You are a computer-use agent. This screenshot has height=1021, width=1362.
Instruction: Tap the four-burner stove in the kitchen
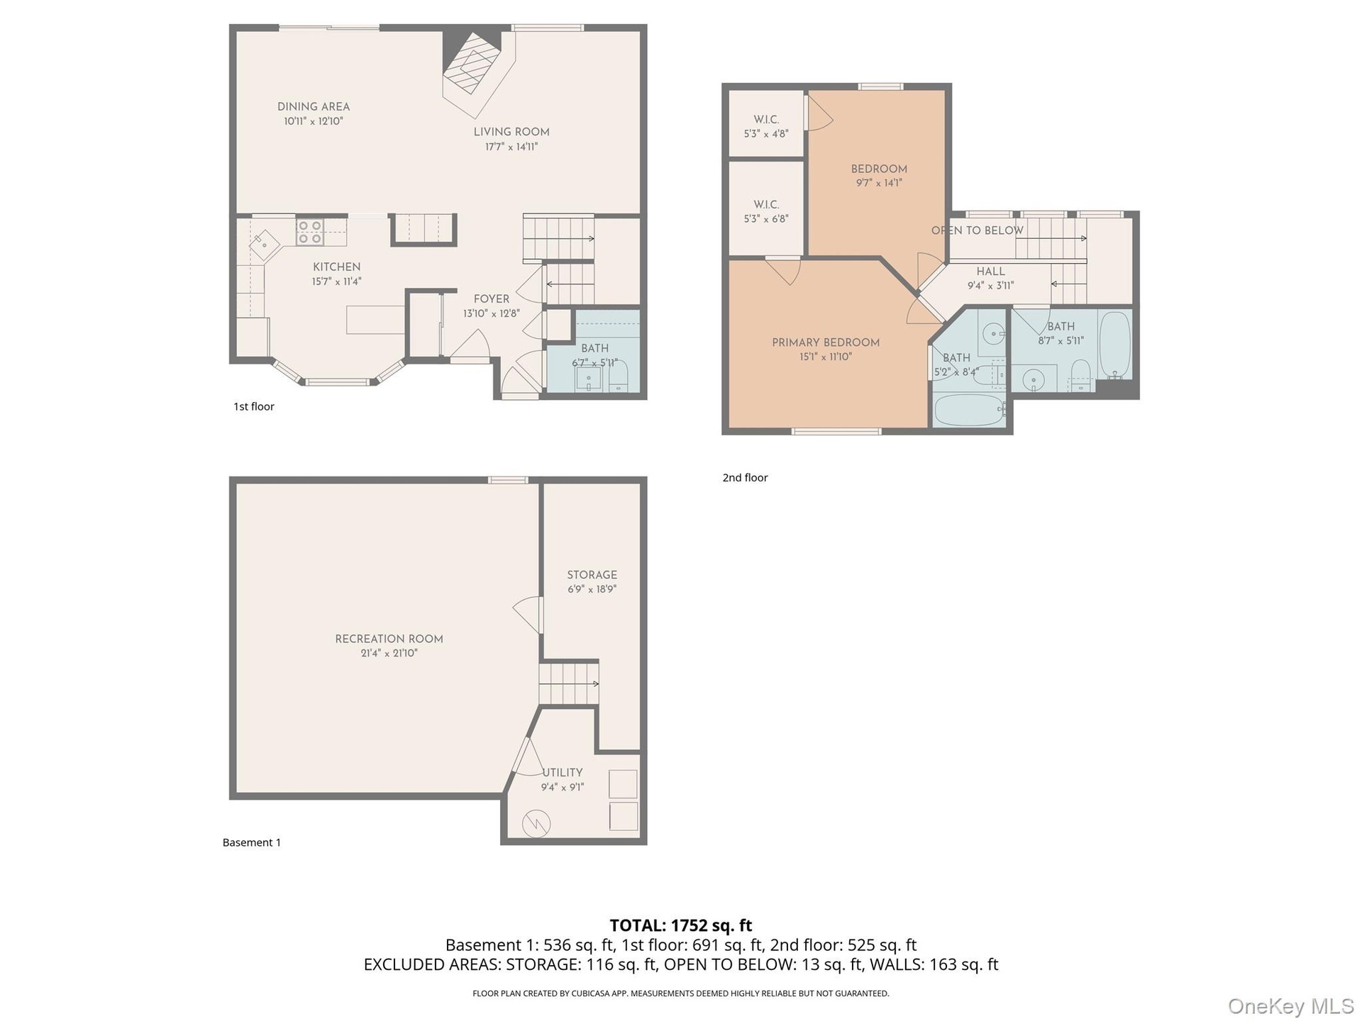[x=310, y=232]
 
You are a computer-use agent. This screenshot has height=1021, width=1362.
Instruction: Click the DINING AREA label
[x=314, y=106]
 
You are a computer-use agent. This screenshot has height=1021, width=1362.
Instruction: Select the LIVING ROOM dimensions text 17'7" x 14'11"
[x=511, y=147]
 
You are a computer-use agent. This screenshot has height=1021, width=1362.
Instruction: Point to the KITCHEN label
[x=337, y=267]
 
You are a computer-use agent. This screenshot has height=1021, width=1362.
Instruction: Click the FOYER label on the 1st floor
[x=492, y=299]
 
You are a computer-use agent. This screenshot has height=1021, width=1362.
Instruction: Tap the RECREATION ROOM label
[x=389, y=639]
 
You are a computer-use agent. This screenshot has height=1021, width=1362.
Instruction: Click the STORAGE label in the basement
[x=592, y=575]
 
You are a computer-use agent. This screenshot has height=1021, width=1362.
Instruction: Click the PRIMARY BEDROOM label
[x=826, y=342]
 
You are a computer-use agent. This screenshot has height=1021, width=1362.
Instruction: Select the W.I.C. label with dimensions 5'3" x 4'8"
[x=766, y=126]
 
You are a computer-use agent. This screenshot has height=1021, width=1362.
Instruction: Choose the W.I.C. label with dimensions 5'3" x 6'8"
[x=766, y=211]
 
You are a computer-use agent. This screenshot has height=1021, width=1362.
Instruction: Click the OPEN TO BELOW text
[x=978, y=230]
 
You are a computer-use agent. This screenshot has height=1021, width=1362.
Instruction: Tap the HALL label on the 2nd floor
[x=990, y=272]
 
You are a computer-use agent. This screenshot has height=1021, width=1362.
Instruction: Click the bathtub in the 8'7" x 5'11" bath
[x=1115, y=345]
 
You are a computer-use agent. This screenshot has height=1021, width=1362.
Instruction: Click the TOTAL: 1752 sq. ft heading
[x=681, y=925]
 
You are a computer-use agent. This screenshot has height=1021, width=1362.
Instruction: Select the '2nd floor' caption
[x=745, y=478]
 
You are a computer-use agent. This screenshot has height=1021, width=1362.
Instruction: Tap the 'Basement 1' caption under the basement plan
[x=252, y=842]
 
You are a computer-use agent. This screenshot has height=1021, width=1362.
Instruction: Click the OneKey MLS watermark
[x=1291, y=1006]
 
